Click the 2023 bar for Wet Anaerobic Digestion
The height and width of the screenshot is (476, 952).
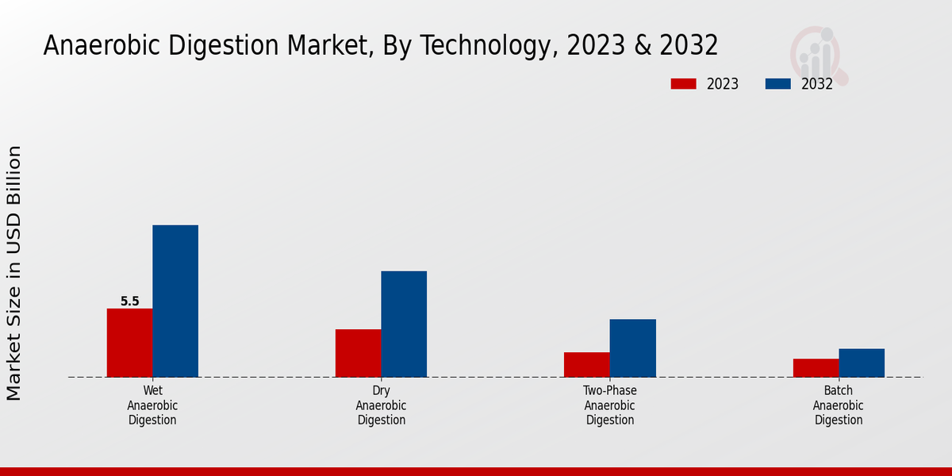(129, 343)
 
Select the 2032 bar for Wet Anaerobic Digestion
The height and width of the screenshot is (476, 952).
(175, 301)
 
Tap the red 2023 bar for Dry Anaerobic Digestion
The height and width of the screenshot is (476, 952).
(358, 353)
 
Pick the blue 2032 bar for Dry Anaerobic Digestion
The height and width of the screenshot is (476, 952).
(404, 324)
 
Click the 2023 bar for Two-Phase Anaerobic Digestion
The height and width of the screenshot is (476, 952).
(587, 365)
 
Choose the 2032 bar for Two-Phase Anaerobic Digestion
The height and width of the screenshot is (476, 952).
(633, 348)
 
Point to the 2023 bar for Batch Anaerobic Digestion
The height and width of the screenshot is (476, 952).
(816, 368)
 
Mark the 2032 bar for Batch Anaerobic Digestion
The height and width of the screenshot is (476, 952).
(862, 363)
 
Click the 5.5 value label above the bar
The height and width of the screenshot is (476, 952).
(130, 301)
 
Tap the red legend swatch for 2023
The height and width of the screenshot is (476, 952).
(683, 84)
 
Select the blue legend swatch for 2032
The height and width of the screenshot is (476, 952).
(777, 84)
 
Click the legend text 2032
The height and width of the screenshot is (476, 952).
(816, 84)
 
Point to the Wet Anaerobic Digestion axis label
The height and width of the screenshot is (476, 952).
(152, 405)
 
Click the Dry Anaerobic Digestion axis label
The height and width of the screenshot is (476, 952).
(381, 405)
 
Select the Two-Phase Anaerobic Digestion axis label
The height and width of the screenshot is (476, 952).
(610, 405)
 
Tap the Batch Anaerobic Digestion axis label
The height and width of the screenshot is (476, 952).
(839, 405)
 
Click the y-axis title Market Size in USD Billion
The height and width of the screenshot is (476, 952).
(14, 273)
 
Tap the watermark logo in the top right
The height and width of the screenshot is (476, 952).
(818, 54)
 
